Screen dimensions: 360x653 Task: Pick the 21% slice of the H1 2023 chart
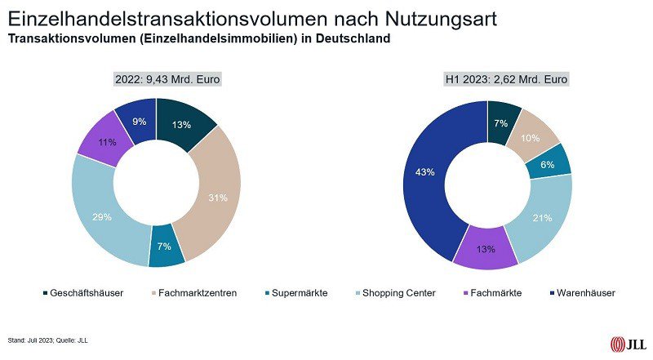coord(541,219)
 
